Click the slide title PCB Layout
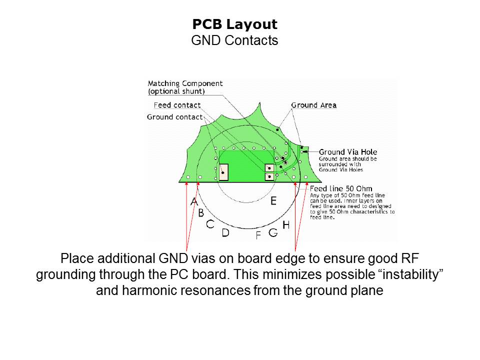pyautogui.click(x=235, y=24)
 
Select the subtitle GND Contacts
pyautogui.click(x=234, y=40)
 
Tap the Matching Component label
pyautogui.click(x=185, y=83)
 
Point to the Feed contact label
pyautogui.click(x=177, y=105)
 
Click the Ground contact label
pyautogui.click(x=175, y=117)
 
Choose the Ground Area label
pyautogui.click(x=314, y=105)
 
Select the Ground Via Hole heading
pyautogui.click(x=348, y=152)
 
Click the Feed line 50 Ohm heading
pyautogui.click(x=341, y=188)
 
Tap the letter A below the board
pyautogui.click(x=194, y=201)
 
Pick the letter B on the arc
pyautogui.click(x=201, y=213)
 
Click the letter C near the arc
pyautogui.click(x=210, y=224)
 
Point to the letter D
pyautogui.click(x=225, y=233)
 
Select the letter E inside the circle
pyautogui.click(x=273, y=201)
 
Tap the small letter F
pyautogui.click(x=258, y=235)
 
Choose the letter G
pyautogui.click(x=273, y=232)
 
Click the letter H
pyautogui.click(x=286, y=225)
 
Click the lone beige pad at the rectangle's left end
pyautogui.click(x=224, y=172)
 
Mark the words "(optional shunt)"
pyautogui.click(x=176, y=91)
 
